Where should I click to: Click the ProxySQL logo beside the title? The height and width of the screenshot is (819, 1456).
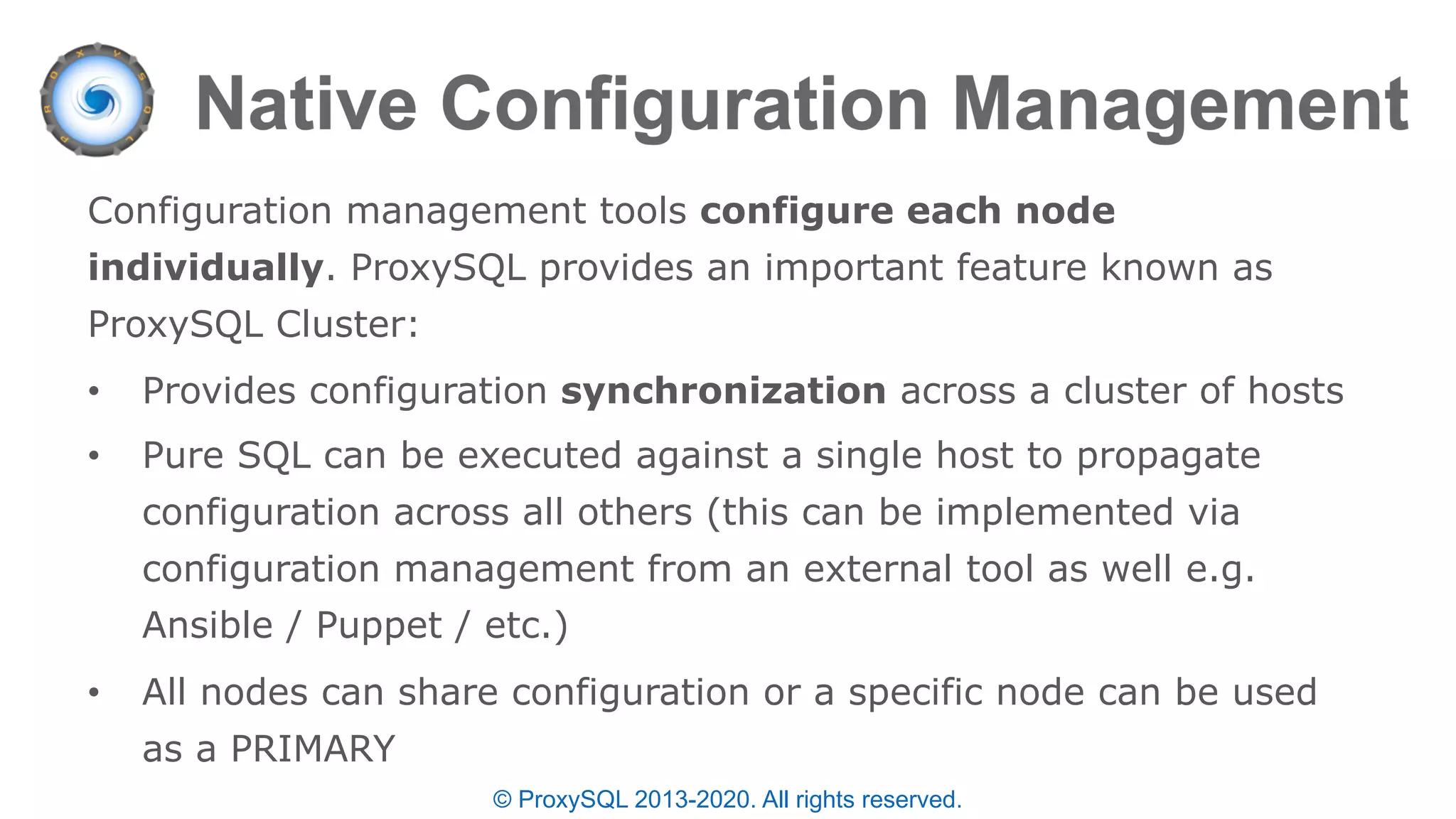click(x=97, y=100)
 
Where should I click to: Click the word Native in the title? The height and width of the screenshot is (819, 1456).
click(x=306, y=105)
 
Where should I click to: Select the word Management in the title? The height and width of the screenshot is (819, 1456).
click(x=1180, y=105)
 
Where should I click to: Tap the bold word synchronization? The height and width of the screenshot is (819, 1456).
click(x=723, y=391)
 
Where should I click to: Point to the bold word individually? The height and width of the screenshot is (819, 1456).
click(x=205, y=268)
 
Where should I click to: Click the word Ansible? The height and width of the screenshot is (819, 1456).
click(x=208, y=626)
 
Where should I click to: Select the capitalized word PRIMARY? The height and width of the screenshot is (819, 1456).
click(x=313, y=749)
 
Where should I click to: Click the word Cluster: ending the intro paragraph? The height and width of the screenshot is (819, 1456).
click(x=347, y=325)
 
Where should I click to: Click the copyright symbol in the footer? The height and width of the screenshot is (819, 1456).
click(x=502, y=800)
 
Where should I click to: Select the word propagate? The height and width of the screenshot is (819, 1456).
click(x=1168, y=456)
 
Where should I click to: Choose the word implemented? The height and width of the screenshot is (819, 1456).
click(x=1054, y=513)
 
